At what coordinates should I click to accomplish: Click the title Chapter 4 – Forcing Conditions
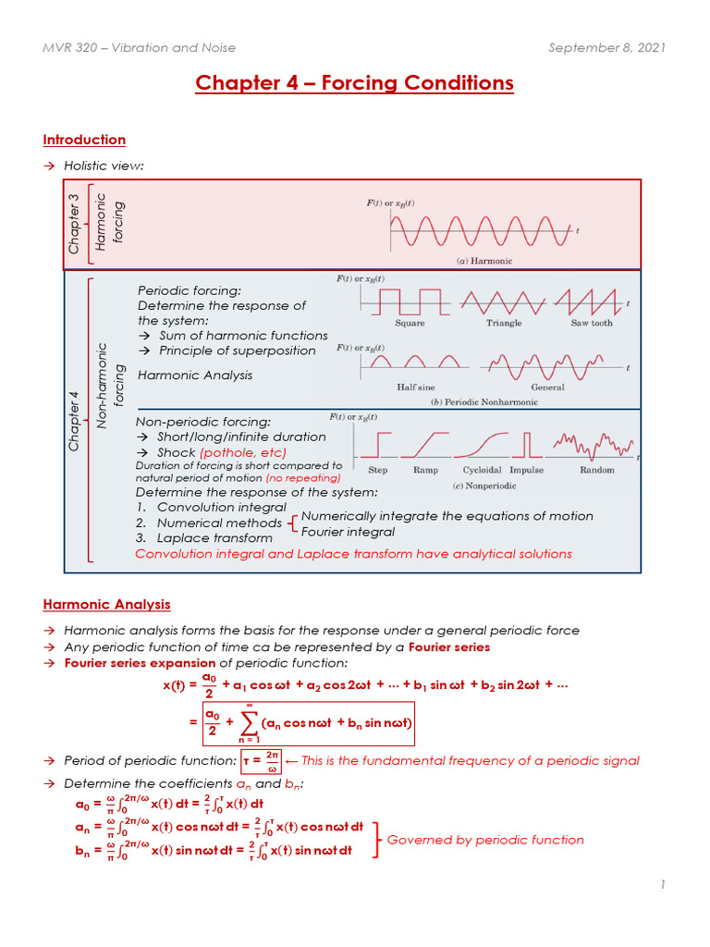[x=354, y=83]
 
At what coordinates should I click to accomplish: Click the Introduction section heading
[x=84, y=140]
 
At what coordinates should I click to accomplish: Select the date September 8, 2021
[x=606, y=47]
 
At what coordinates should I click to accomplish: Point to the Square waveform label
[x=410, y=323]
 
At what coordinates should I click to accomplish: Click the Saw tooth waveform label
[x=591, y=323]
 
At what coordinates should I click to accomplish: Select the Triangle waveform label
[x=504, y=323]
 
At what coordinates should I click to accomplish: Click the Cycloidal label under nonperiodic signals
[x=482, y=470]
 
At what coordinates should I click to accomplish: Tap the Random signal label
[x=596, y=470]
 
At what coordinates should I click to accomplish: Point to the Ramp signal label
[x=425, y=470]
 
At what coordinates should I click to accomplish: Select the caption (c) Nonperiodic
[x=483, y=486]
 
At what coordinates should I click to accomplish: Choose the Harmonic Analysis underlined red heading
[x=106, y=604]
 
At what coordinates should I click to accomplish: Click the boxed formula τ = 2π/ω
[x=259, y=761]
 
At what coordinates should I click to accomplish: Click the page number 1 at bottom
[x=663, y=885]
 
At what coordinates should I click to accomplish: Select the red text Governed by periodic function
[x=485, y=840]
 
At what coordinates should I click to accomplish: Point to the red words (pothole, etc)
[x=243, y=452]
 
